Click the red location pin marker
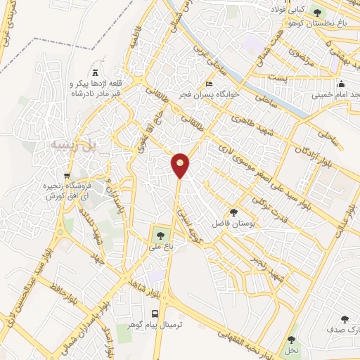coord(181,165)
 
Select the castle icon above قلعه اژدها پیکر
coord(96,72)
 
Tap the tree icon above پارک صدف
coord(345,319)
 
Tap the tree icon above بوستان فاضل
coord(233,212)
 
